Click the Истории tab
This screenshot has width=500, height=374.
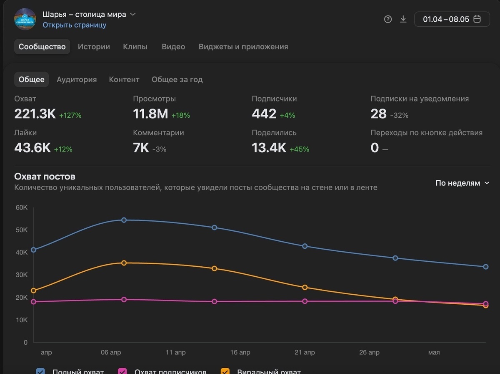(94, 47)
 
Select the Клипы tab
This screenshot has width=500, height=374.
(135, 47)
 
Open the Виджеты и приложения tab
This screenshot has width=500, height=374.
(243, 47)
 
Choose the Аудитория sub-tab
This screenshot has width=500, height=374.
(77, 79)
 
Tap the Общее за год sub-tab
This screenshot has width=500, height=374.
(177, 79)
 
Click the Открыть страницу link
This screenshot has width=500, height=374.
(74, 25)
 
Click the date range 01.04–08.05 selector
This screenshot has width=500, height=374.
(452, 19)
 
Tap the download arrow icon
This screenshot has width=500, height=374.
(403, 19)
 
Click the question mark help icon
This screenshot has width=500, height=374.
(388, 19)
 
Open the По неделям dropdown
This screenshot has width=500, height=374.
(462, 183)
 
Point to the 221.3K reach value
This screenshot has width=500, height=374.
(35, 114)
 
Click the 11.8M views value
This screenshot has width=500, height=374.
(150, 114)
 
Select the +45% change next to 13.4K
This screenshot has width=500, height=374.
(299, 149)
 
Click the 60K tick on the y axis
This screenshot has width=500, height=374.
(22, 207)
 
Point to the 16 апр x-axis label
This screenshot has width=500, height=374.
(240, 353)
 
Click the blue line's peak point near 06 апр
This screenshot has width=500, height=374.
(124, 220)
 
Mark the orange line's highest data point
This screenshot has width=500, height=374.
(124, 263)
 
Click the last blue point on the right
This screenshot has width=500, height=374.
(486, 267)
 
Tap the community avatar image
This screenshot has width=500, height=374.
(25, 19)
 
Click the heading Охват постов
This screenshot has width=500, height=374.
(45, 177)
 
